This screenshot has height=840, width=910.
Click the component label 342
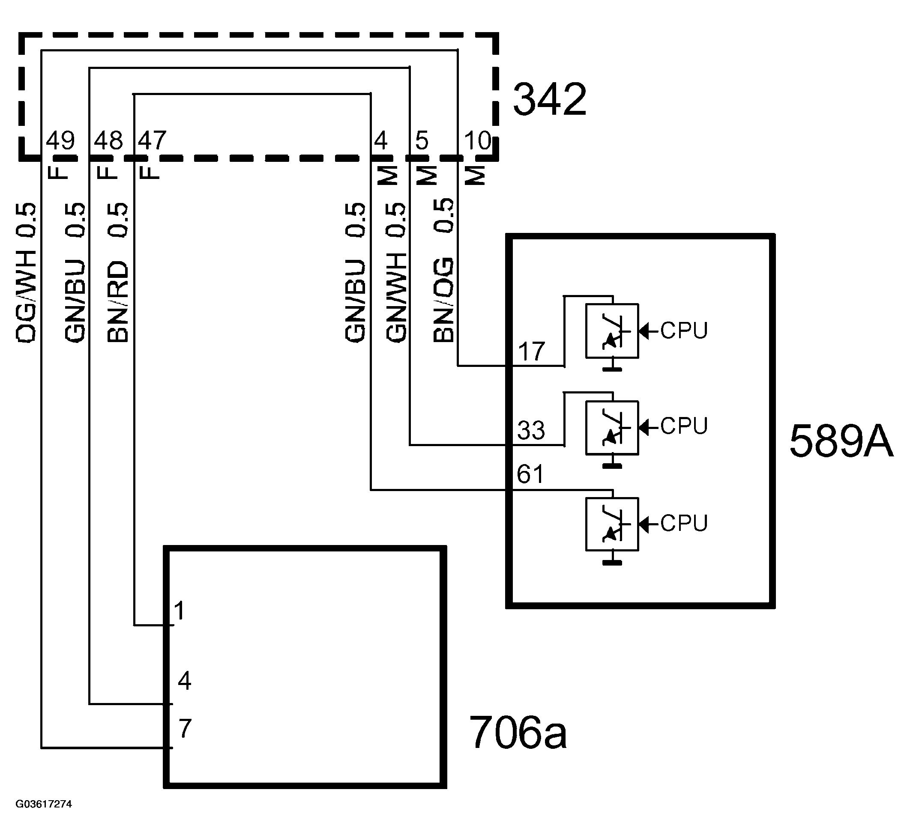(x=549, y=100)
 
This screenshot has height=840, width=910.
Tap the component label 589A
(x=841, y=441)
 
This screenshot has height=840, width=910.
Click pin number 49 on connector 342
(x=60, y=140)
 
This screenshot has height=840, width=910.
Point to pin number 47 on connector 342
(x=153, y=140)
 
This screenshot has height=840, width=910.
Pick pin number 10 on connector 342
(x=478, y=140)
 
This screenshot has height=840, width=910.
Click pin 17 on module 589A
(x=531, y=351)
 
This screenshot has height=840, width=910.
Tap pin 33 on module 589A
(x=531, y=430)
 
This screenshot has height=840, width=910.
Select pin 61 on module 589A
(x=530, y=474)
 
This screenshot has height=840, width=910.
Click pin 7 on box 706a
(x=185, y=729)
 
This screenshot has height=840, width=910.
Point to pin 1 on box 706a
(x=180, y=611)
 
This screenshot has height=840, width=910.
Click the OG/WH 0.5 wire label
(x=26, y=273)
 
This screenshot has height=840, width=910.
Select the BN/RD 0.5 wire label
(x=118, y=273)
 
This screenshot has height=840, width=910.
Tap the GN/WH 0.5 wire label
(x=396, y=273)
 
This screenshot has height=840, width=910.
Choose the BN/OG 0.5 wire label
(x=443, y=271)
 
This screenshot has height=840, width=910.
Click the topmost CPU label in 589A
(x=684, y=331)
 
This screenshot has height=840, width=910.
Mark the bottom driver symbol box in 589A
(x=612, y=524)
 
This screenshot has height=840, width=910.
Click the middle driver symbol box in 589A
(x=612, y=427)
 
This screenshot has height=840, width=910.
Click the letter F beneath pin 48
(x=108, y=171)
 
